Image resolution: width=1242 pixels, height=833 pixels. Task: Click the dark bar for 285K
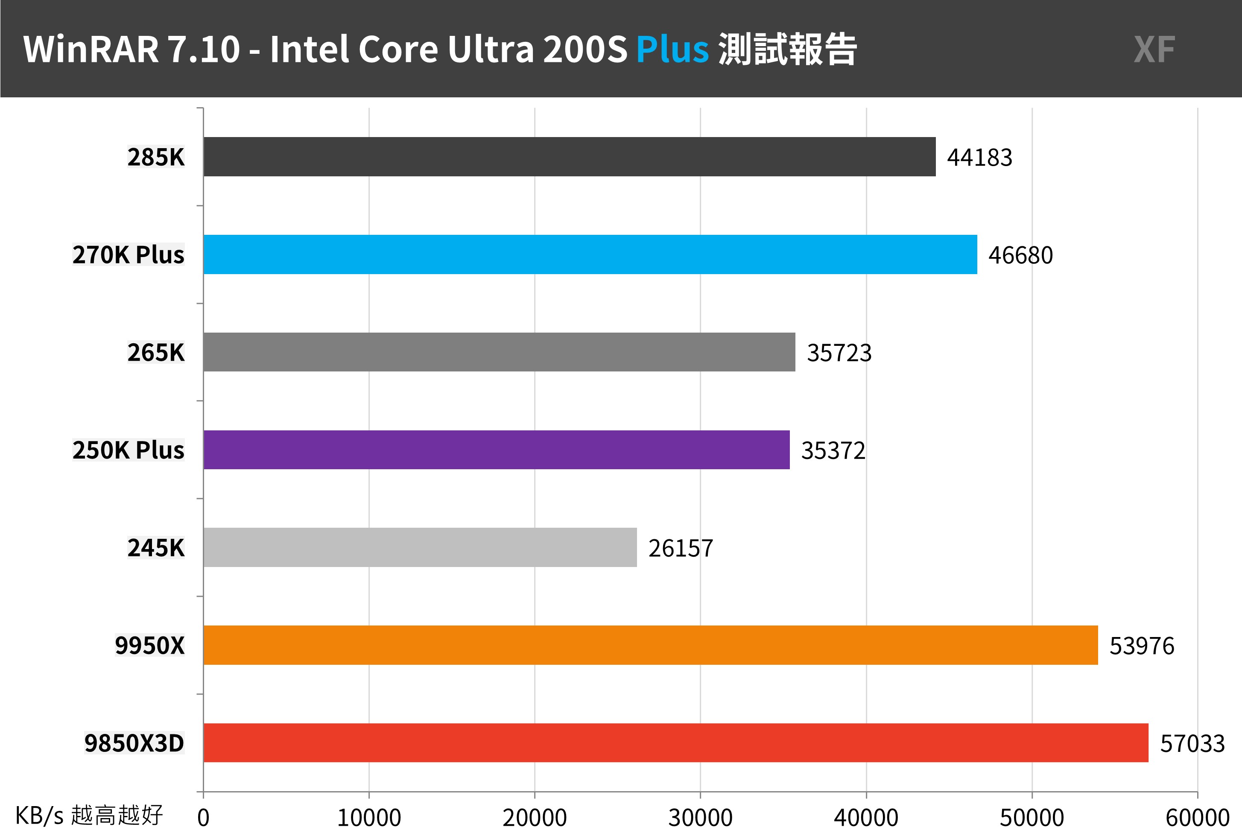pyautogui.click(x=569, y=157)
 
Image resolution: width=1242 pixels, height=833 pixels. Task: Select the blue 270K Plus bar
pyautogui.click(x=590, y=254)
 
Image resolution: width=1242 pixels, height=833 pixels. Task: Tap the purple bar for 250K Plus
pyautogui.click(x=496, y=450)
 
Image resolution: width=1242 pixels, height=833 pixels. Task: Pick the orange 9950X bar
pyautogui.click(x=650, y=645)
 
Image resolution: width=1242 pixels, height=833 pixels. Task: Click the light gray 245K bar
pyautogui.click(x=420, y=547)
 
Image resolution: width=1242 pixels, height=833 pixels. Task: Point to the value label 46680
pyautogui.click(x=1020, y=255)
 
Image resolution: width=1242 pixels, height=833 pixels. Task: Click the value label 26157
pyautogui.click(x=681, y=548)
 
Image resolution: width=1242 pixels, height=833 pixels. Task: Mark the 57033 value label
pyautogui.click(x=1192, y=744)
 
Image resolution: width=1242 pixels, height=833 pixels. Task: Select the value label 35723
pyautogui.click(x=839, y=353)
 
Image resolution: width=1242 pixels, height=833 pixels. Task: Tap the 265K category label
pyautogui.click(x=156, y=353)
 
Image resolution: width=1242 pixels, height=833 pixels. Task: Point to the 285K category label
pyautogui.click(x=156, y=157)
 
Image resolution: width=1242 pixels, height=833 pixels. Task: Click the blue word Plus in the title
pyautogui.click(x=672, y=50)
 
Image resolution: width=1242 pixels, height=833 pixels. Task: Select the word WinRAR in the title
pyautogui.click(x=91, y=50)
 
